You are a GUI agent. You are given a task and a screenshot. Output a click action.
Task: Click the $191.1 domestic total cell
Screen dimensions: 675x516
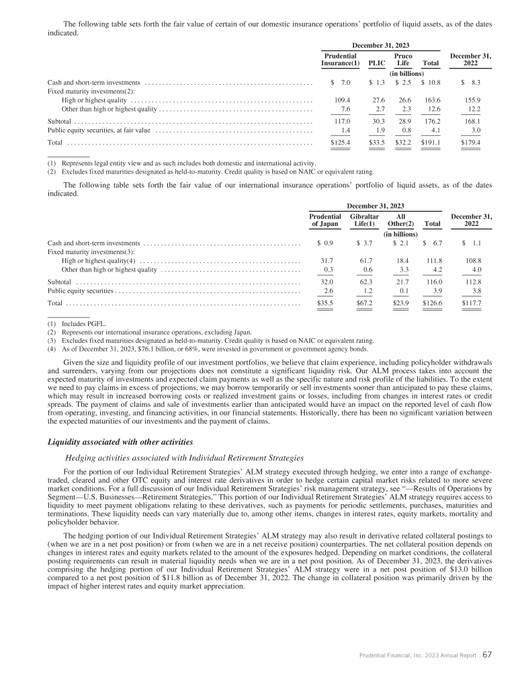click(x=430, y=143)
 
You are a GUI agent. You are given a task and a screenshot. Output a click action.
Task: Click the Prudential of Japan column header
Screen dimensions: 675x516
click(x=325, y=222)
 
